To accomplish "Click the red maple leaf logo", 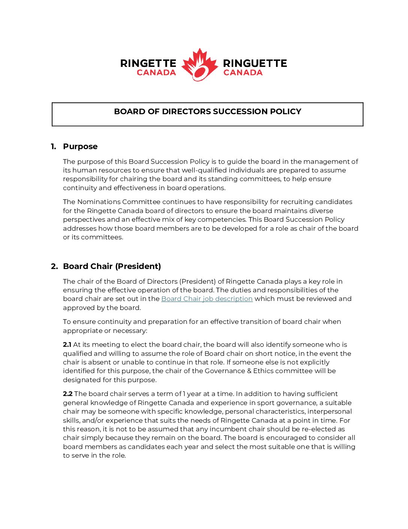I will point(199,65).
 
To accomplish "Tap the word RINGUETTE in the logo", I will point(255,63).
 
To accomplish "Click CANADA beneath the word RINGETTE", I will point(156,73).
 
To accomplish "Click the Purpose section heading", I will point(80,147).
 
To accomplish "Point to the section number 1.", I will point(54,147).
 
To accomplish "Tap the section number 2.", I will point(54,266).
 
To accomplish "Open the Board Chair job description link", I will point(207,299).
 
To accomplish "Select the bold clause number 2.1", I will point(67,345).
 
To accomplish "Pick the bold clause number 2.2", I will point(67,394).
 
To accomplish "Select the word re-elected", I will point(321,429).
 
